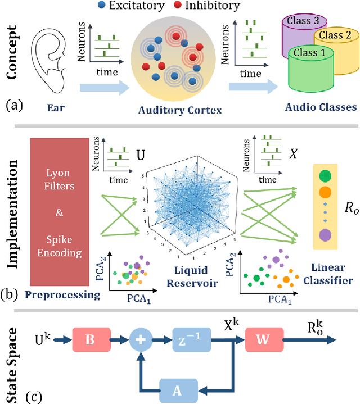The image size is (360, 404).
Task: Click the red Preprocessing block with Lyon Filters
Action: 64,219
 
